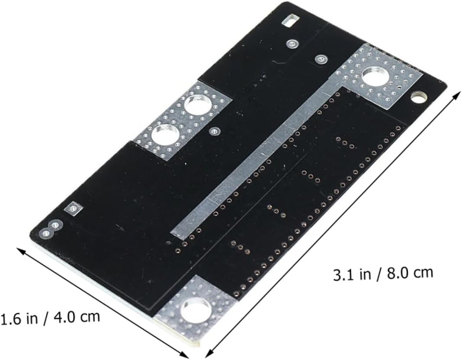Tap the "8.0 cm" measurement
coord(410,273)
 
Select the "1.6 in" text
coord(19,319)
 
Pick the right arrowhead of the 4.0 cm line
coord(184,354)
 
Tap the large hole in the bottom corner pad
coord(196,309)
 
